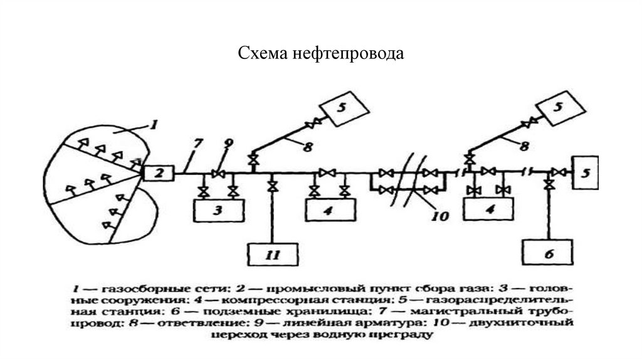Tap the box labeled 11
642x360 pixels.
[273, 255]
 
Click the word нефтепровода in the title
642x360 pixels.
[347, 55]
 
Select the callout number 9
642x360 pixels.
[228, 144]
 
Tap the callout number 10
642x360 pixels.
[441, 217]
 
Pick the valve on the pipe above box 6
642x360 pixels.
[549, 186]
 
